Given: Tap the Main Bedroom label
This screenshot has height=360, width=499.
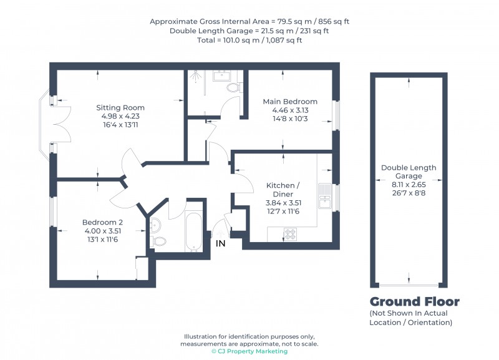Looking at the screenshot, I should click(289, 102).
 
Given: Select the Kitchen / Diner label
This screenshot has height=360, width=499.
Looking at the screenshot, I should click(283, 190).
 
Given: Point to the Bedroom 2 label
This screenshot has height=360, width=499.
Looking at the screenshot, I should click(102, 222).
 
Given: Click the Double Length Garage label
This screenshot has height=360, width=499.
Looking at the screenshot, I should click(409, 172).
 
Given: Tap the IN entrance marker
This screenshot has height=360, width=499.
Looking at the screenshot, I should click(221, 243).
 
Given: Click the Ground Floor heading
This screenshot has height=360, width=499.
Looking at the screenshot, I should click(414, 302).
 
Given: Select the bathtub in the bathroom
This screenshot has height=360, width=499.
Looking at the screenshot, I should click(194, 230).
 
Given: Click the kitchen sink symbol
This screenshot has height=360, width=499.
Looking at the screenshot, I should click(324, 195).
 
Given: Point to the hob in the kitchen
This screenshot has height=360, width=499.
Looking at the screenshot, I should click(291, 235).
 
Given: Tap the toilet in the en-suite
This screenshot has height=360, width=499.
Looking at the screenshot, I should click(234, 88).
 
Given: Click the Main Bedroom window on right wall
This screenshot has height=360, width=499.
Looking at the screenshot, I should click(336, 115).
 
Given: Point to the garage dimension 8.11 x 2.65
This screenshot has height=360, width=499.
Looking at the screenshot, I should click(409, 184).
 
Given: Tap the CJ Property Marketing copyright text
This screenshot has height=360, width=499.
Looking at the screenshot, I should click(249, 351).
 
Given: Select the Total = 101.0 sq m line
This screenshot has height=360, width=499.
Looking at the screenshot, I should click(249, 41).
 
